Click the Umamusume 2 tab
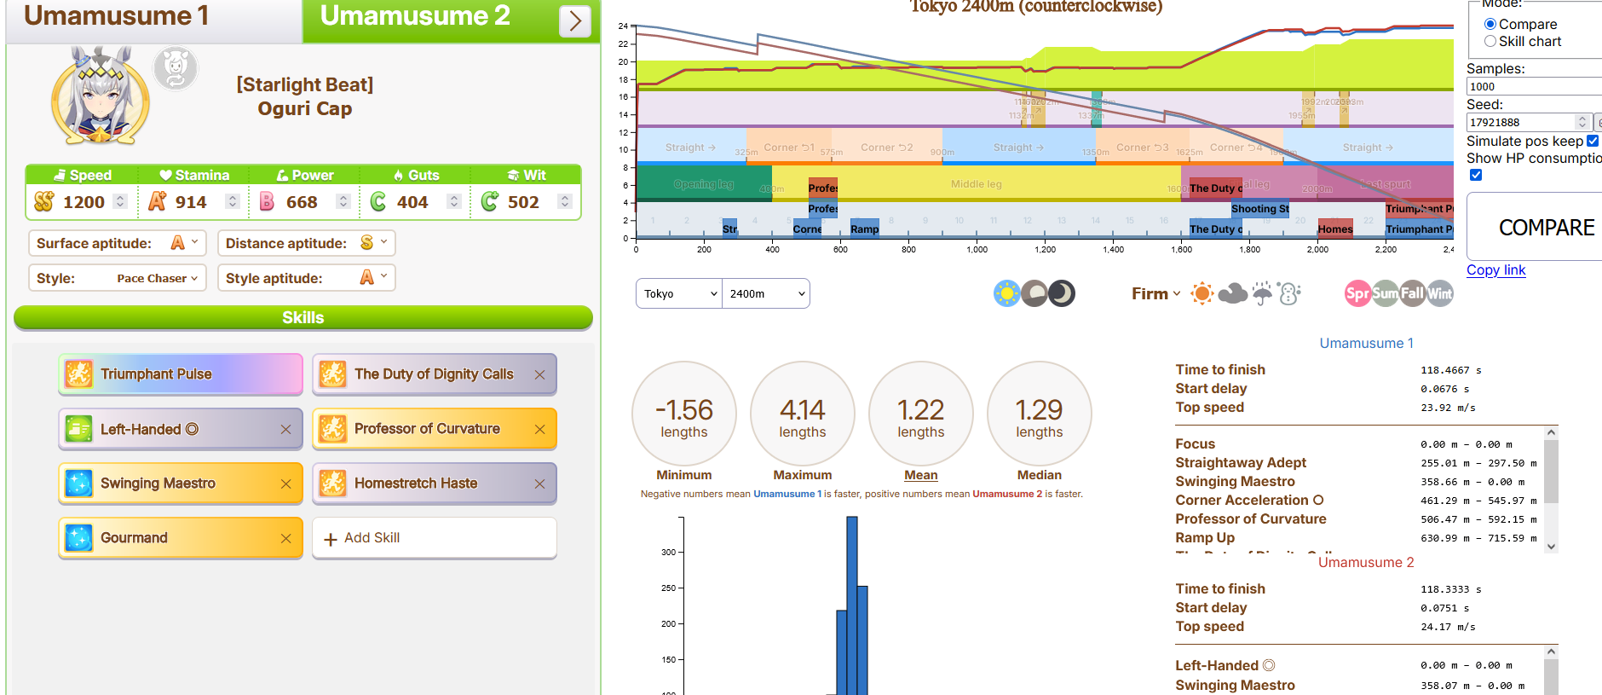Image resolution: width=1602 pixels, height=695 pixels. (x=415, y=16)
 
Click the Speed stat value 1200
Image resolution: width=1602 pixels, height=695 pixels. (x=84, y=202)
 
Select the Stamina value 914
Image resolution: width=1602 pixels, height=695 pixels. (x=191, y=202)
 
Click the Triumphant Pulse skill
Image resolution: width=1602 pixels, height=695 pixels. (x=181, y=374)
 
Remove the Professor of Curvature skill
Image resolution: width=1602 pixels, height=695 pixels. (x=539, y=429)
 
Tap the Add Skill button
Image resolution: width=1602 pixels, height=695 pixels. (x=435, y=538)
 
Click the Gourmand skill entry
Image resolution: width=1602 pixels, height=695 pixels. (x=170, y=538)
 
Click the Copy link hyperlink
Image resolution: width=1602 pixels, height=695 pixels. (x=1495, y=270)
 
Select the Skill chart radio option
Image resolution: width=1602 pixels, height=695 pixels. (x=1490, y=41)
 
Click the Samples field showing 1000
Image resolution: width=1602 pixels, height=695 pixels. (x=1532, y=86)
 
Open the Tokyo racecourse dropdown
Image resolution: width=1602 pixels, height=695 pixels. (x=679, y=293)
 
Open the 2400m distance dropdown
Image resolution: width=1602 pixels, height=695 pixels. (x=766, y=293)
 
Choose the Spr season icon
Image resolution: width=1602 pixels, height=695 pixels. (x=1357, y=293)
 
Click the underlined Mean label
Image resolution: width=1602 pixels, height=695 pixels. (x=920, y=475)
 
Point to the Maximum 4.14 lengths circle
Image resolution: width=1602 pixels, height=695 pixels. (x=802, y=414)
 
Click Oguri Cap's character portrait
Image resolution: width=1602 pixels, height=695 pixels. (x=101, y=96)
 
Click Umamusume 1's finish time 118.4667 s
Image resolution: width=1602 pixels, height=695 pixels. (x=1450, y=370)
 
